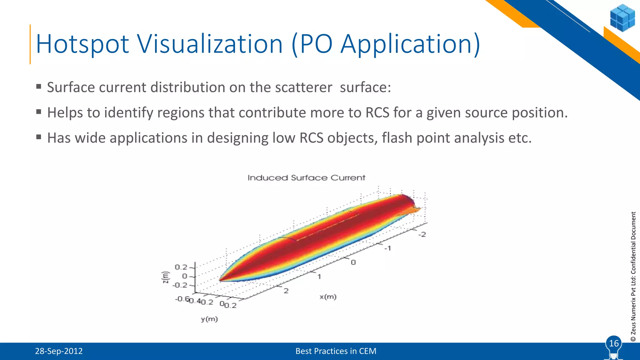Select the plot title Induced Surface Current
coord(306,178)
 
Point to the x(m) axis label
coord(328,297)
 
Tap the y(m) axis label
coord(209,319)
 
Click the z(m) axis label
coord(165,277)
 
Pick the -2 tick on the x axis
coord(422,234)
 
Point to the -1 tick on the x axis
coord(387,248)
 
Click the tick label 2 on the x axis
coord(286,291)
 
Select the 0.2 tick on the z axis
coord(181,267)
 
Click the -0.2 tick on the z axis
coord(180,285)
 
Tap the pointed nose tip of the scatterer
coord(221,280)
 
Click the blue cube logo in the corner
coord(622,18)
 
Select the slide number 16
coord(614,343)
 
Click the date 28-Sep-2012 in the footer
coord(59,351)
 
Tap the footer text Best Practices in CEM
coord(336,351)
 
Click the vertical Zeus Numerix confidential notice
coord(633,277)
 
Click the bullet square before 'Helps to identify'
coord(39,112)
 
